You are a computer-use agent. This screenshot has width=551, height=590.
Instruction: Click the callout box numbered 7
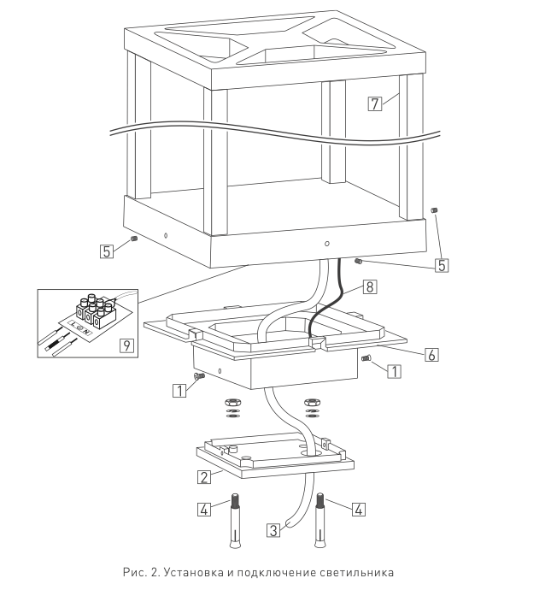click(374, 103)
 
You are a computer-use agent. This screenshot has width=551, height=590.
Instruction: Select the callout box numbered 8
click(369, 286)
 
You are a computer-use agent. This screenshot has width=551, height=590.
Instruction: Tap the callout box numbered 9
click(126, 345)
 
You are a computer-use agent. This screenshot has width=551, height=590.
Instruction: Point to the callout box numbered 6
click(431, 355)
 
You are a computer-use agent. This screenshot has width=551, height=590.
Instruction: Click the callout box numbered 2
click(203, 477)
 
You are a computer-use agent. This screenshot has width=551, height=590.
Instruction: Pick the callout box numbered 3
click(273, 530)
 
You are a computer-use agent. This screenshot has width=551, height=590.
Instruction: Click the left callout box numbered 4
click(203, 510)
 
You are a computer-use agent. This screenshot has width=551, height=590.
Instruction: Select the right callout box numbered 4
click(359, 510)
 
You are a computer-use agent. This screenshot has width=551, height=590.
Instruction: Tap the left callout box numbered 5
click(107, 251)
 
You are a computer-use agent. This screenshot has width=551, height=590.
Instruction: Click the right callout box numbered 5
click(442, 265)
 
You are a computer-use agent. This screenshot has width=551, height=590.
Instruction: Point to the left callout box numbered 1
click(179, 391)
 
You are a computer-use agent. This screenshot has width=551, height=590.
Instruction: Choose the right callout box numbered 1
click(394, 371)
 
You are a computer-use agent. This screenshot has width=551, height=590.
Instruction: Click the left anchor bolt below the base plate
click(235, 520)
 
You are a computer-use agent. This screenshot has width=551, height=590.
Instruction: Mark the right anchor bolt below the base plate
click(319, 520)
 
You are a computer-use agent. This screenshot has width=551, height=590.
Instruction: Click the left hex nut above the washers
click(232, 402)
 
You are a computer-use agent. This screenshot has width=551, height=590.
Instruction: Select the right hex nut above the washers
click(312, 402)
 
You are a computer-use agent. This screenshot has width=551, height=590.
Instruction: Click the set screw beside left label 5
click(134, 239)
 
